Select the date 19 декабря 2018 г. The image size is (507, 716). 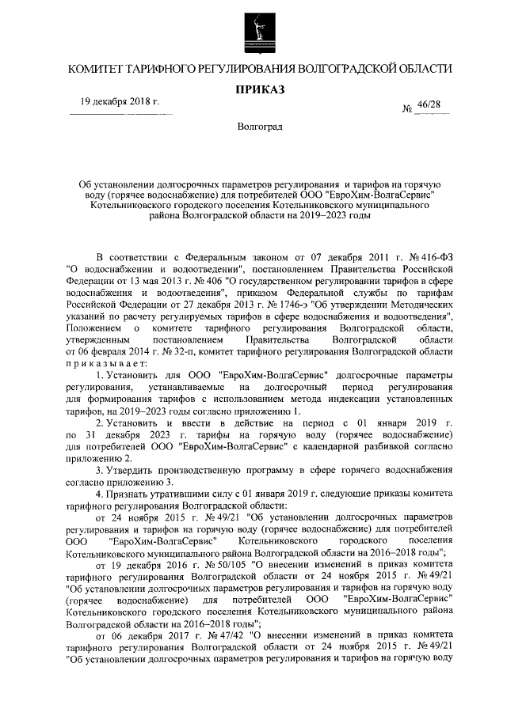pyautogui.click(x=120, y=103)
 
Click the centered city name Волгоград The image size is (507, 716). pyautogui.click(x=259, y=127)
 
